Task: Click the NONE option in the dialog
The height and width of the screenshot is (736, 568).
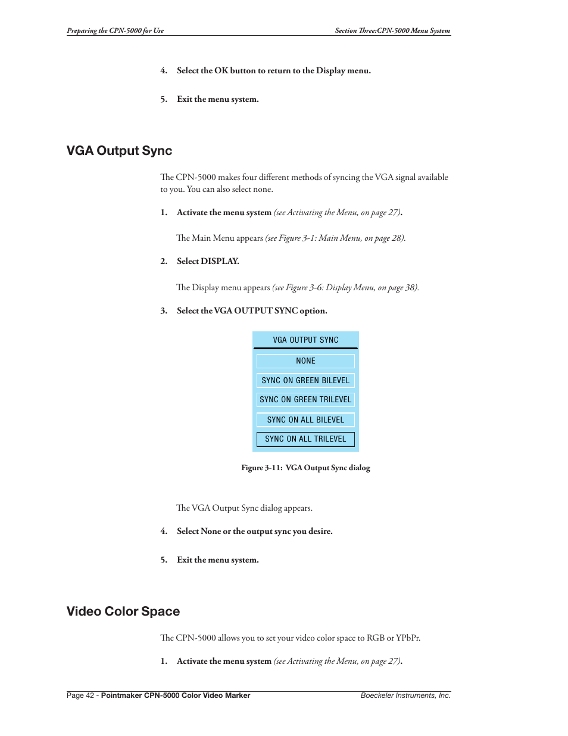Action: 305,361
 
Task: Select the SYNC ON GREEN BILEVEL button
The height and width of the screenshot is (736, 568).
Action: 305,381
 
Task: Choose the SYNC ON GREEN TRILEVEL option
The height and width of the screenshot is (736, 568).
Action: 305,400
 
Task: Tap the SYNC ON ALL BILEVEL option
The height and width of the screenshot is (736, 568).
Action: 305,420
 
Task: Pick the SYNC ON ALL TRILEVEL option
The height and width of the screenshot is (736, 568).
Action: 305,439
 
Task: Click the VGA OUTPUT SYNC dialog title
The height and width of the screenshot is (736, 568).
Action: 305,340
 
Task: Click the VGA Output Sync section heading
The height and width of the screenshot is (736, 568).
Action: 119,151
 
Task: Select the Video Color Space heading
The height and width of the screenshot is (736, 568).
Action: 123,611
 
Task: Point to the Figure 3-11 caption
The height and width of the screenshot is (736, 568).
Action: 305,468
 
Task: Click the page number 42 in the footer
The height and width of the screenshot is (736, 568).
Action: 90,695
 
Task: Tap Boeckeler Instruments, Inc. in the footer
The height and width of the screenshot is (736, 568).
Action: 405,695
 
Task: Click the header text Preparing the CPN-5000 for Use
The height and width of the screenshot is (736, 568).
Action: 115,30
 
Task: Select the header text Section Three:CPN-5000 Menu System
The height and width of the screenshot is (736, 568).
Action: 392,30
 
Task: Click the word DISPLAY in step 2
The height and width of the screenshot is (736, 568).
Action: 219,262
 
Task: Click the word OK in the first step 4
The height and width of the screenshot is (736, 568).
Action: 221,71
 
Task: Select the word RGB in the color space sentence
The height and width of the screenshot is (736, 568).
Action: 375,638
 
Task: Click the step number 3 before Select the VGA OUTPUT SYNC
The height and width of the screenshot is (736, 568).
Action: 163,311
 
